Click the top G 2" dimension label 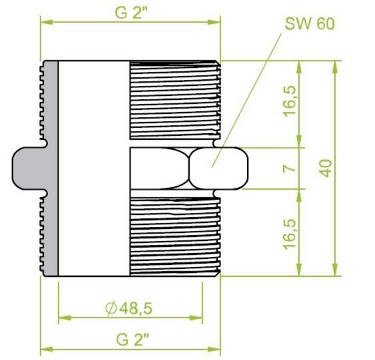pyautogui.click(x=131, y=13)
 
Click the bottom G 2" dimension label pyautogui.click(x=133, y=339)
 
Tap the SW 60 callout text pyautogui.click(x=310, y=24)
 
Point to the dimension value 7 pyautogui.click(x=290, y=168)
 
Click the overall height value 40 pyautogui.click(x=326, y=168)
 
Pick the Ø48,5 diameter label pyautogui.click(x=129, y=308)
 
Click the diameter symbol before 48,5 pyautogui.click(x=111, y=308)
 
